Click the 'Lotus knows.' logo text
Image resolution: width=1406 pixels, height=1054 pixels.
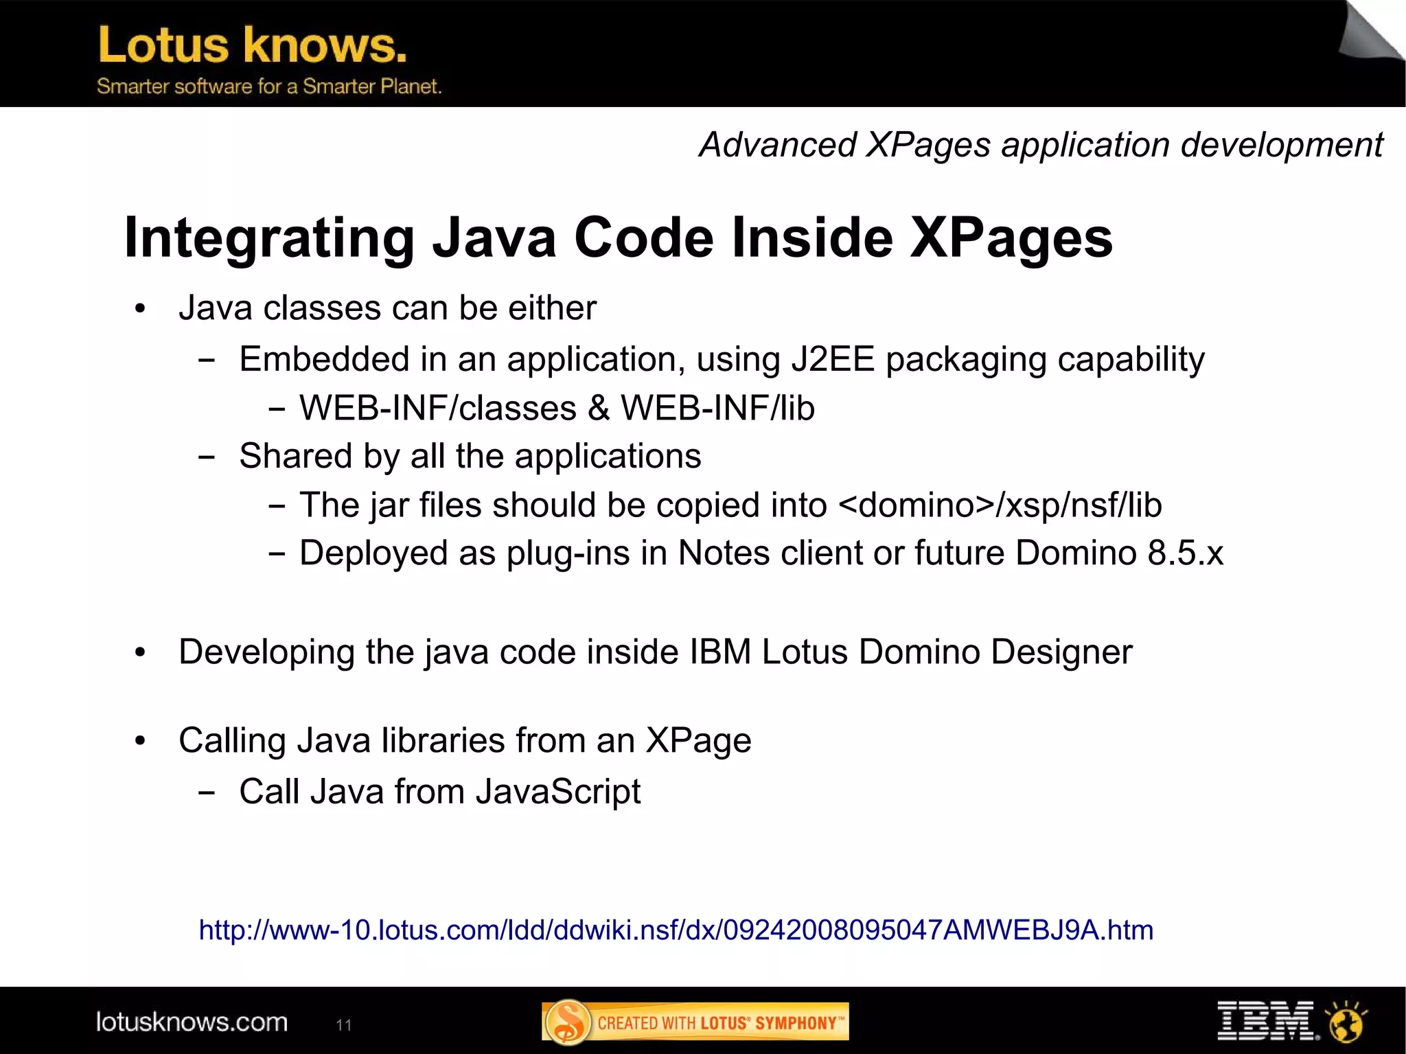pyautogui.click(x=253, y=45)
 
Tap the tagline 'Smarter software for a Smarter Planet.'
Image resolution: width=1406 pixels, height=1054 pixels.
pyautogui.click(x=268, y=87)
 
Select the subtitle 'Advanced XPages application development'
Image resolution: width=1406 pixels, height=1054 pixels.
pyautogui.click(x=1040, y=145)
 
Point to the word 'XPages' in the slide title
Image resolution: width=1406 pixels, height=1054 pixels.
pyautogui.click(x=1011, y=238)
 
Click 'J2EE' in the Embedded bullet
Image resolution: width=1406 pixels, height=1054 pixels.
pyautogui.click(x=833, y=359)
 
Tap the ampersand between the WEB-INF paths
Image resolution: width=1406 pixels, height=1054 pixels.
pyautogui.click(x=599, y=408)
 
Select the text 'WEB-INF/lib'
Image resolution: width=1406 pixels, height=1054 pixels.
pyautogui.click(x=717, y=408)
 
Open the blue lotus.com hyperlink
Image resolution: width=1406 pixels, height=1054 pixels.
pyautogui.click(x=676, y=930)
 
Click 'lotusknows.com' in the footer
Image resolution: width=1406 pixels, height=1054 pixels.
pyautogui.click(x=192, y=1022)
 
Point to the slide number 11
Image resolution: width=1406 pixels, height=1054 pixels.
pyautogui.click(x=343, y=1025)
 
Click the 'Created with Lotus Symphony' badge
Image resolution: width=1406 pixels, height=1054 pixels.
pyautogui.click(x=695, y=1022)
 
